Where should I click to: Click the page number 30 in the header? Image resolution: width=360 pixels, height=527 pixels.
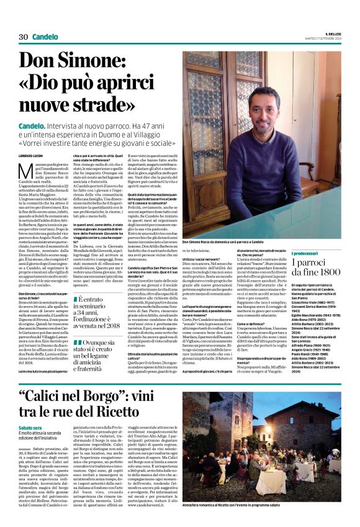tap(24, 37)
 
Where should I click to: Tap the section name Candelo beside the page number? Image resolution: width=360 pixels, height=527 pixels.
tap(46, 37)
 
